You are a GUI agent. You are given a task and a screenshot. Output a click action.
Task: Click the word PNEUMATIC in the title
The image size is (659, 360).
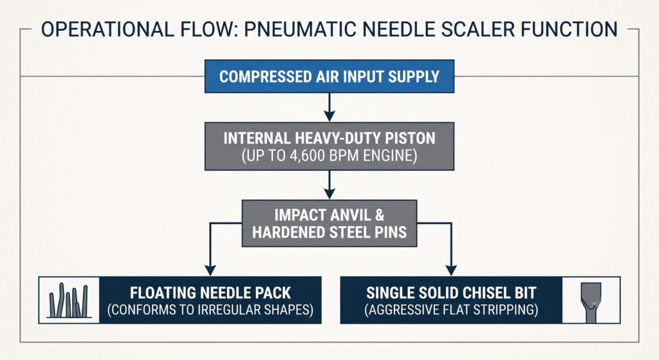(x=299, y=30)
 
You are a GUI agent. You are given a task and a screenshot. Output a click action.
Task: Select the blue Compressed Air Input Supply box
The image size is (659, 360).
(x=329, y=76)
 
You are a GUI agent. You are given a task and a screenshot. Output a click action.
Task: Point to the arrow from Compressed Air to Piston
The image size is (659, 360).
(x=329, y=108)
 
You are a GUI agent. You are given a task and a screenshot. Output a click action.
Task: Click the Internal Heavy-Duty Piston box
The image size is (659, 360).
(x=329, y=146)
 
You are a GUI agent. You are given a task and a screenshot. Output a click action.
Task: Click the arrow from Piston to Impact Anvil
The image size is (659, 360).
(x=329, y=185)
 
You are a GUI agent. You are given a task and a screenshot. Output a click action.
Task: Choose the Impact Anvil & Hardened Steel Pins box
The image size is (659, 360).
(x=329, y=223)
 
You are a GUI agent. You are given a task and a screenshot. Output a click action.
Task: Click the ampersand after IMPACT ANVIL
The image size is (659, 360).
(x=380, y=215)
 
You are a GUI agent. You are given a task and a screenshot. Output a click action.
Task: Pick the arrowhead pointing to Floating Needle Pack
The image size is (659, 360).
(x=210, y=270)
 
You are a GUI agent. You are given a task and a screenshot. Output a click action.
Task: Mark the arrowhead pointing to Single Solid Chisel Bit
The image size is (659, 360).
(x=451, y=270)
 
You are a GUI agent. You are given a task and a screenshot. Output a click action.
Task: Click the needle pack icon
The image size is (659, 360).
(x=70, y=300)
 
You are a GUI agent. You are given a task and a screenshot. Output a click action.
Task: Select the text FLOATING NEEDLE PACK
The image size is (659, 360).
(x=210, y=293)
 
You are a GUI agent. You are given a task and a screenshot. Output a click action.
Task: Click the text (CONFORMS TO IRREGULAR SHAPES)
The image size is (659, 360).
(x=210, y=310)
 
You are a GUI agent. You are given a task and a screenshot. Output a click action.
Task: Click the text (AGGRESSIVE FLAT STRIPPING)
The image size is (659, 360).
(x=451, y=310)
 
